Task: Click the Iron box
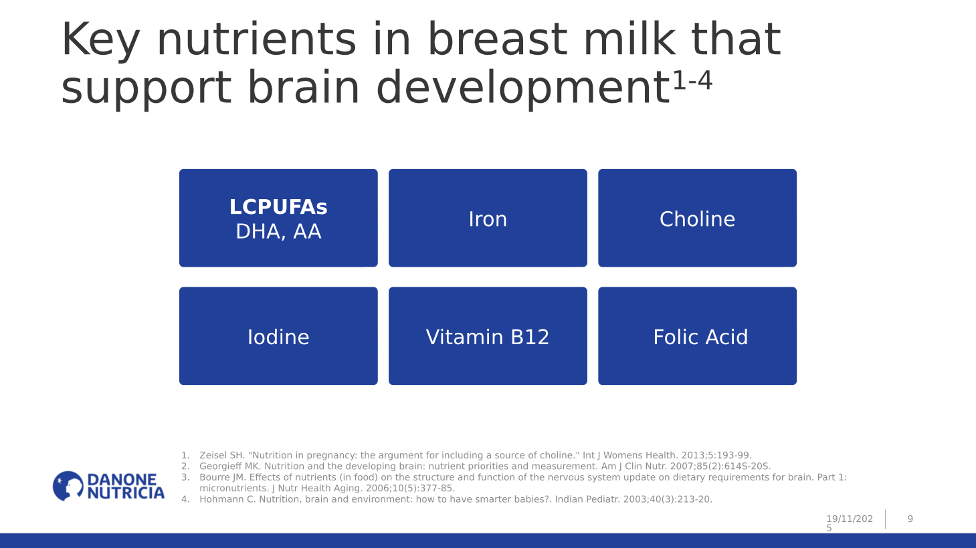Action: [488, 218]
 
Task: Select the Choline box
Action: [697, 218]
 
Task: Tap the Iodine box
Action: [278, 336]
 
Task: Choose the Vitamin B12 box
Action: [488, 336]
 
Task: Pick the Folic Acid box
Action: [697, 336]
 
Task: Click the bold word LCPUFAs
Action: [278, 207]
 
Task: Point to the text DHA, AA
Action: [278, 231]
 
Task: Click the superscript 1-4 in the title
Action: [693, 80]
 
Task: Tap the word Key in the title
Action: [100, 40]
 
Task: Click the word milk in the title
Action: [629, 39]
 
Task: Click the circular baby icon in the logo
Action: [68, 486]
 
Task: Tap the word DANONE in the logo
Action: [122, 480]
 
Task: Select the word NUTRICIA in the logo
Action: [126, 493]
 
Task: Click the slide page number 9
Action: [910, 519]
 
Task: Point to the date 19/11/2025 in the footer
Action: [850, 523]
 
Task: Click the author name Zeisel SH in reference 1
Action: [222, 455]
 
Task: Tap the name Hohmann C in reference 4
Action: [227, 499]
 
